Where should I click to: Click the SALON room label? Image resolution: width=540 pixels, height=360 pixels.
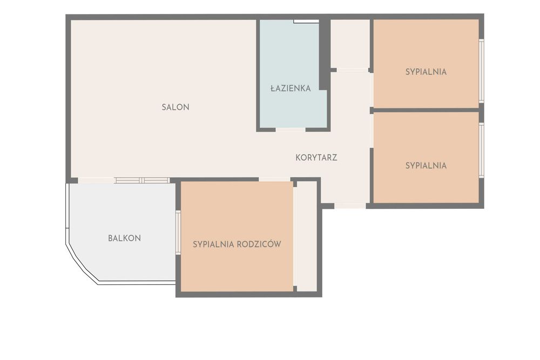[175, 107]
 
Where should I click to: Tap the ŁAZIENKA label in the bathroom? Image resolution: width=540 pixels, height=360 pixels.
[291, 88]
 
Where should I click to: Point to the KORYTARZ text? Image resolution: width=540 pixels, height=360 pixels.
[316, 158]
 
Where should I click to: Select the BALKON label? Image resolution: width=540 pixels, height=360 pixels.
[124, 238]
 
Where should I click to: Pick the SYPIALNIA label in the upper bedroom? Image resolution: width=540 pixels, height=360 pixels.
[426, 72]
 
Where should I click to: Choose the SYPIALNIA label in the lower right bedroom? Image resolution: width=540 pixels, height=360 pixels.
[426, 166]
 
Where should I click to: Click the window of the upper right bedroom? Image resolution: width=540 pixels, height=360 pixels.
[482, 71]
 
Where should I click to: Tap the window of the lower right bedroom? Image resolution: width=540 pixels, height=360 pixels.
[482, 151]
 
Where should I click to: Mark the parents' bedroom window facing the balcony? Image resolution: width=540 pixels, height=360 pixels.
[178, 232]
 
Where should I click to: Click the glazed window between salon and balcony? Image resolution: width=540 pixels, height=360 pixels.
[142, 180]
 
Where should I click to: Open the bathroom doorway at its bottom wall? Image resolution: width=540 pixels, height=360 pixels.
[291, 130]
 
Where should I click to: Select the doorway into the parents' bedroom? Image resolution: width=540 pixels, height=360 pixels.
[274, 179]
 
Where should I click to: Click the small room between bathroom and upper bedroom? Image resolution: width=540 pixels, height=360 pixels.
[350, 44]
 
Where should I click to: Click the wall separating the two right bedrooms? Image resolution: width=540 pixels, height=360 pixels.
[427, 110]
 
